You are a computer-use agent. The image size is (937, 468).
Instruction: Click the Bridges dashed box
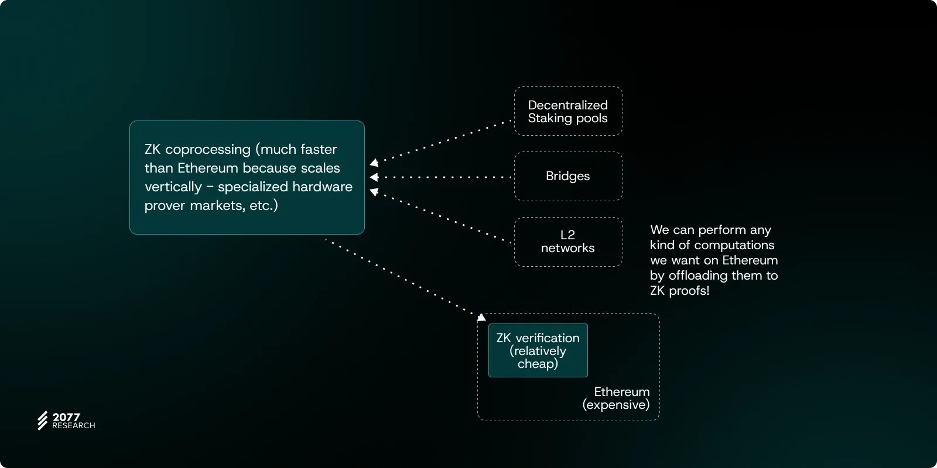[x=568, y=176]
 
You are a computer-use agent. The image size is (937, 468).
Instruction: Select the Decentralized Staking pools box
[x=568, y=111]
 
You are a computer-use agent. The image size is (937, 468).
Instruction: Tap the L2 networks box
[x=568, y=242]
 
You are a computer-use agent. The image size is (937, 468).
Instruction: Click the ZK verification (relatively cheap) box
[x=538, y=350]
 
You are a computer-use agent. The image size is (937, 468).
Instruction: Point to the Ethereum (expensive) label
[x=617, y=398]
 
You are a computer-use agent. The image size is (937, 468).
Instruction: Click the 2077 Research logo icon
[x=43, y=421]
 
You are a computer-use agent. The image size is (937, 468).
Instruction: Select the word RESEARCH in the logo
[x=74, y=426]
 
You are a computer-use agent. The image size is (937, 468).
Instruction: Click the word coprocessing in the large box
[x=208, y=150]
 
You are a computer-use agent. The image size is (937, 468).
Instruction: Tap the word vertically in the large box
[x=173, y=187]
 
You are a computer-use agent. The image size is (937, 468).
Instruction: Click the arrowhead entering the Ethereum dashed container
[x=481, y=317]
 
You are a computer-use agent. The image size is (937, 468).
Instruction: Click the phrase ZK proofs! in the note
[x=679, y=291]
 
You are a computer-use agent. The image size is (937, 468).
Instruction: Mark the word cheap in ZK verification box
[x=538, y=364]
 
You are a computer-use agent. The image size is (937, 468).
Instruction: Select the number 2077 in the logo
[x=66, y=417]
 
